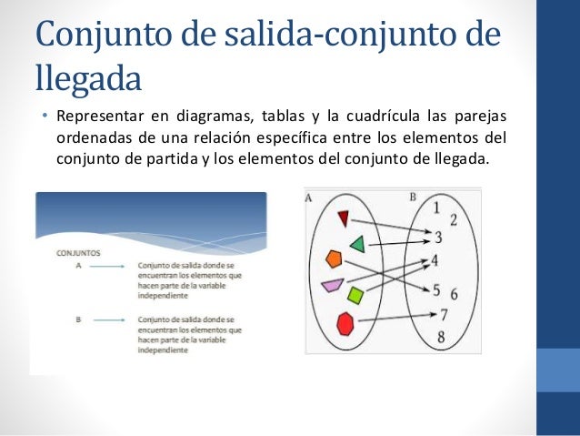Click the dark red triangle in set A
[344, 218]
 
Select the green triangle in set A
[357, 244]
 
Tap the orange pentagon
[334, 259]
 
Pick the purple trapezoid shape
[333, 286]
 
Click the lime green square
[355, 295]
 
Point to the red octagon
[345, 323]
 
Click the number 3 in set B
[437, 238]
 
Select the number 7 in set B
[444, 316]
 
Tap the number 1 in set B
[436, 208]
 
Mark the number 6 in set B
[454, 295]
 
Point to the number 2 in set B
[453, 220]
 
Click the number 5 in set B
[436, 291]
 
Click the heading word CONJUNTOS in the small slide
[79, 254]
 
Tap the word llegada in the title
[88, 78]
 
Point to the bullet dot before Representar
[43, 117]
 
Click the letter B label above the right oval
[413, 196]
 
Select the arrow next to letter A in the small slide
[107, 267]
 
